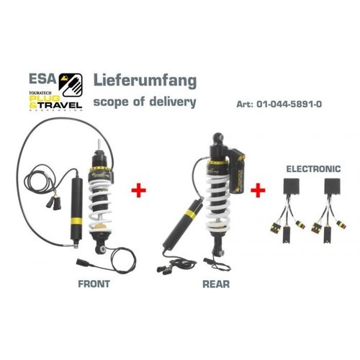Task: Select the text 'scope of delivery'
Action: point(143,102)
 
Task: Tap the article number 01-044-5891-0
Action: point(288,104)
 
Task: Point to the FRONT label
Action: point(94,284)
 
